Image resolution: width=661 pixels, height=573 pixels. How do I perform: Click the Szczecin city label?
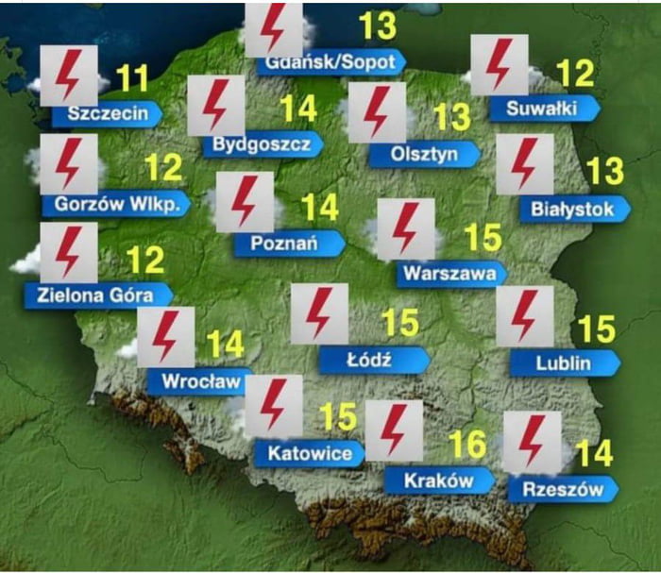107,114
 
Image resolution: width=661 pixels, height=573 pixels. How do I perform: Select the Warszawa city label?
450,274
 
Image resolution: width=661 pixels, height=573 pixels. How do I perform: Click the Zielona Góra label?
97,294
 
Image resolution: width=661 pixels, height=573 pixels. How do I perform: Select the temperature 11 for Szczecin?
131,79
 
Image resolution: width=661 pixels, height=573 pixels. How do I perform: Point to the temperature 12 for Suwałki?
576,74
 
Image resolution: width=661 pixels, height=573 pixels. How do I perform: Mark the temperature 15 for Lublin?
597,329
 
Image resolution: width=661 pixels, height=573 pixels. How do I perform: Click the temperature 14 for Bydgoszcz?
298,109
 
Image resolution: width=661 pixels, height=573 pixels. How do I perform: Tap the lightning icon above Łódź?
319,313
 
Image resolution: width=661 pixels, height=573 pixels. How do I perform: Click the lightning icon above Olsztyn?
377,111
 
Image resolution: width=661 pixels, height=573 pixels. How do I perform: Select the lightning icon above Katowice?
273,405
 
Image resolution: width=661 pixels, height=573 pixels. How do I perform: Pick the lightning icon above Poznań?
245,201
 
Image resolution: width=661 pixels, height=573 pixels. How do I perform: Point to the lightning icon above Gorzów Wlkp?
69,163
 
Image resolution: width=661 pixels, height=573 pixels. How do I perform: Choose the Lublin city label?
565,362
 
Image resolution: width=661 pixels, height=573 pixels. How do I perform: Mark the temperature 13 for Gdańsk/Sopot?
378,26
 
